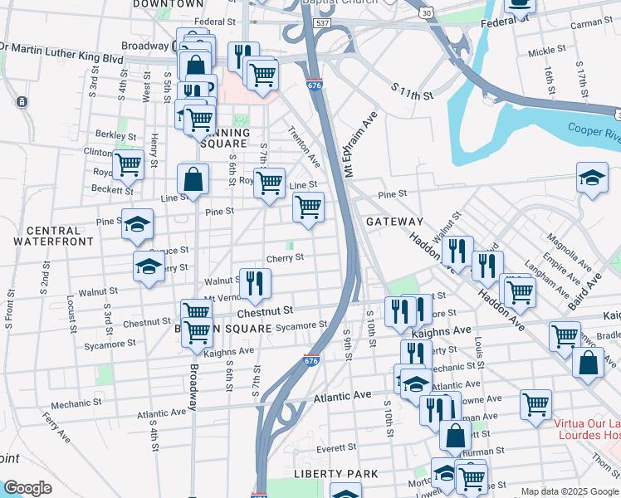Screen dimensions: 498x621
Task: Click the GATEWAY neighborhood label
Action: click(394, 222)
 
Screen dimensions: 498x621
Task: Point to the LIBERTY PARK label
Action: click(335, 473)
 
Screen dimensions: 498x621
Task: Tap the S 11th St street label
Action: click(413, 90)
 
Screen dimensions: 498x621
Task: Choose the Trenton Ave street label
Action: click(303, 147)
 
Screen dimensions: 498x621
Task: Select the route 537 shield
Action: click(324, 25)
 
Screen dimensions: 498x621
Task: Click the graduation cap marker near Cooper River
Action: click(591, 178)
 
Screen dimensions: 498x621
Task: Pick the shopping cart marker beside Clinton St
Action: click(128, 164)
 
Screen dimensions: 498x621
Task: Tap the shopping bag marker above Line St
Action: click(193, 179)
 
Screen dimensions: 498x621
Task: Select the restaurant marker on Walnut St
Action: click(255, 283)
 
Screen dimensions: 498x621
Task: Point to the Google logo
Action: click(27, 488)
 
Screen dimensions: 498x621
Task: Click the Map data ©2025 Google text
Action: click(569, 491)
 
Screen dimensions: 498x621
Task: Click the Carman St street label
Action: click(591, 26)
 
